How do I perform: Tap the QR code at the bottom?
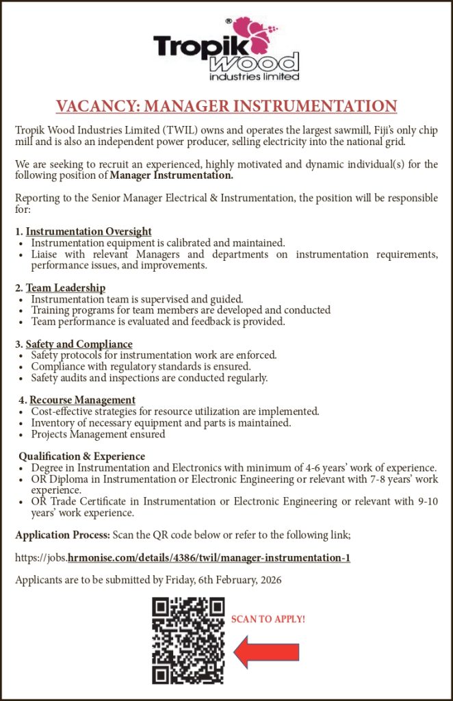click(x=188, y=640)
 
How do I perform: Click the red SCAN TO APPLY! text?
click(x=268, y=619)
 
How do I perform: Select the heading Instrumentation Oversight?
click(x=88, y=231)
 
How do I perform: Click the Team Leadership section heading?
click(x=65, y=288)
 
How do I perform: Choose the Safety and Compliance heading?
click(x=79, y=344)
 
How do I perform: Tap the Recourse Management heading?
click(x=82, y=400)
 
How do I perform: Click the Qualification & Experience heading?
click(x=81, y=456)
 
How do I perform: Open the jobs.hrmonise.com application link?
click(x=183, y=558)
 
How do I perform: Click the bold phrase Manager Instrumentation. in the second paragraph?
click(x=172, y=176)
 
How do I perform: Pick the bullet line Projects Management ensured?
click(x=98, y=434)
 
